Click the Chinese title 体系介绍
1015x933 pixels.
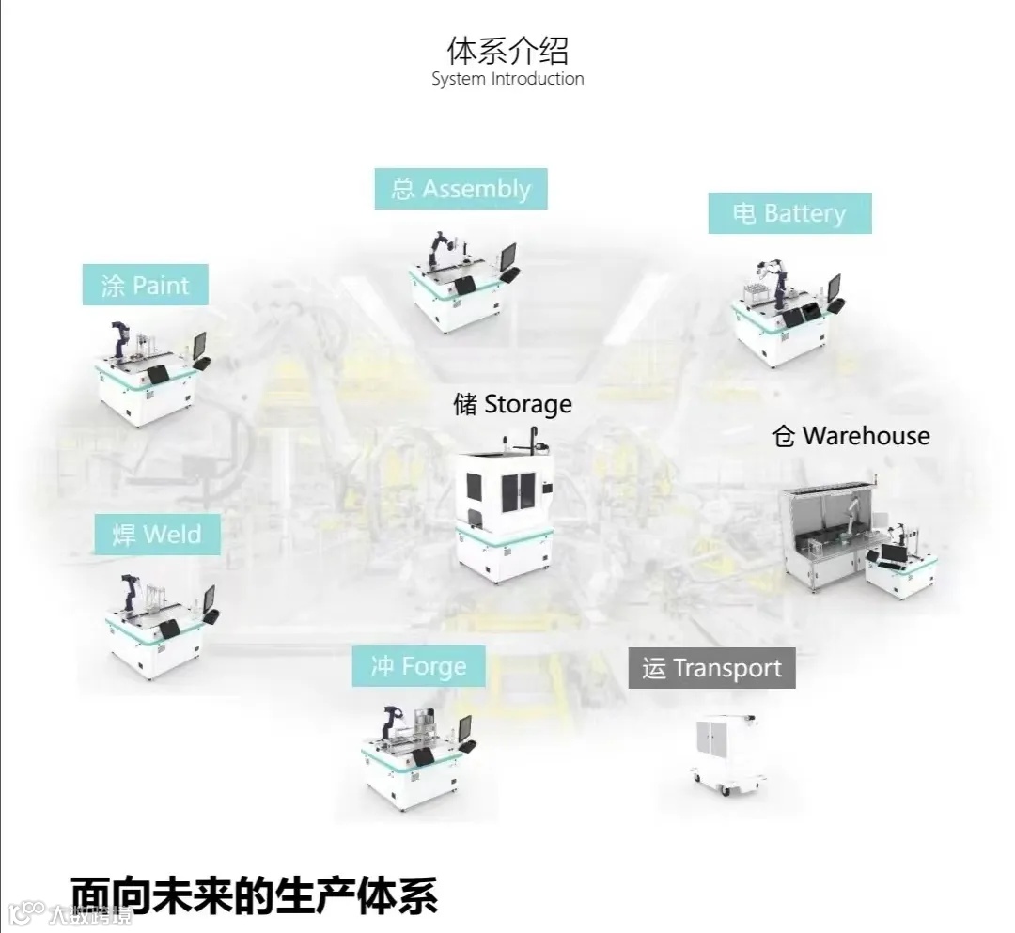coord(507,49)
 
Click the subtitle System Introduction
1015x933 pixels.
coord(507,79)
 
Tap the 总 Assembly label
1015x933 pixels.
coord(461,189)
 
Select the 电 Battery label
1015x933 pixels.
coord(789,213)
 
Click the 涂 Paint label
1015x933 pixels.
coord(145,285)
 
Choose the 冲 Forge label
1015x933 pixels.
coord(419,667)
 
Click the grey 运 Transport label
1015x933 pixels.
coord(711,668)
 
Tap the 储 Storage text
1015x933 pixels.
coord(512,404)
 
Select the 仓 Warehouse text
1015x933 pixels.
coord(851,436)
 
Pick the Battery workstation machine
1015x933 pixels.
coord(786,315)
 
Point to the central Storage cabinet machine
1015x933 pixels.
coord(506,507)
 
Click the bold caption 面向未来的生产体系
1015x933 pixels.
coord(254,895)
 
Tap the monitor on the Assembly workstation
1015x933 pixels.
coord(507,255)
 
